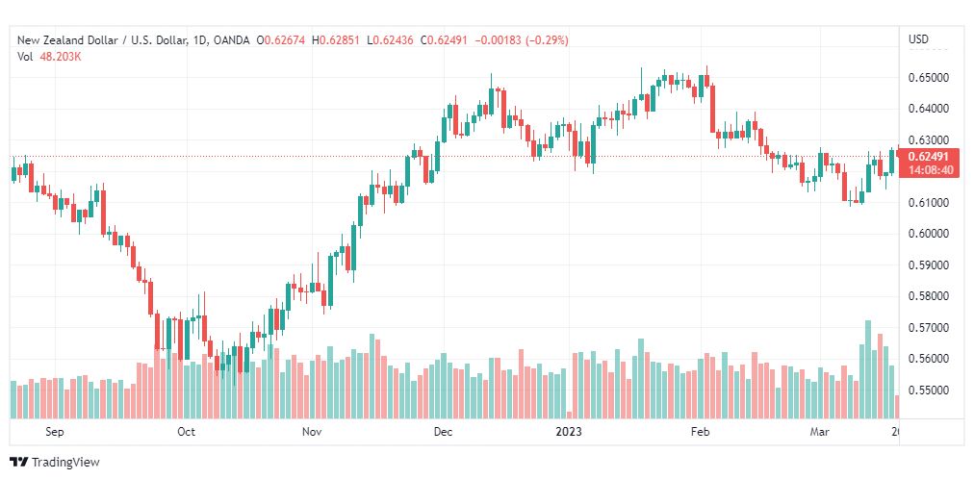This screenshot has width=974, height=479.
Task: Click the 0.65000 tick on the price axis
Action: pos(929,78)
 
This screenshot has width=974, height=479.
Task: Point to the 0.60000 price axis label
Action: pos(929,234)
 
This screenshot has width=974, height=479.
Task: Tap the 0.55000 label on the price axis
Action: pos(929,391)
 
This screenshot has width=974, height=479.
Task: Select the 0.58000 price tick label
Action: pos(929,296)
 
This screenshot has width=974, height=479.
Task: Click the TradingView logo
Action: pos(55,463)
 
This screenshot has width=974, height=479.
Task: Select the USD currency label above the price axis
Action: pos(919,39)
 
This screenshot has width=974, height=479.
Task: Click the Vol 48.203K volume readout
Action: pos(50,57)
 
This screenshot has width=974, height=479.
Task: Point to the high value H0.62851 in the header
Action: pos(337,40)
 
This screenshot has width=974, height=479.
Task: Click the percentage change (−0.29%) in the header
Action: pos(548,40)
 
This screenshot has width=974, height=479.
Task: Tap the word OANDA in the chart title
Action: pos(231,40)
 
